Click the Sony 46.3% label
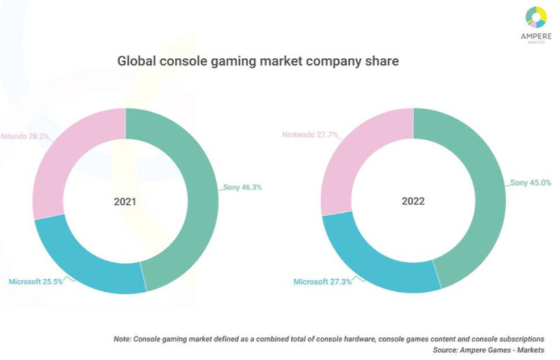click(242, 188)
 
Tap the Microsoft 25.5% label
click(35, 282)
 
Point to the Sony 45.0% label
click(530, 183)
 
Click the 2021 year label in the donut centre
click(125, 201)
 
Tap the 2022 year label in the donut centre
click(413, 201)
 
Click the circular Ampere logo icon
click(536, 17)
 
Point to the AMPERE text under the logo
click(536, 37)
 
